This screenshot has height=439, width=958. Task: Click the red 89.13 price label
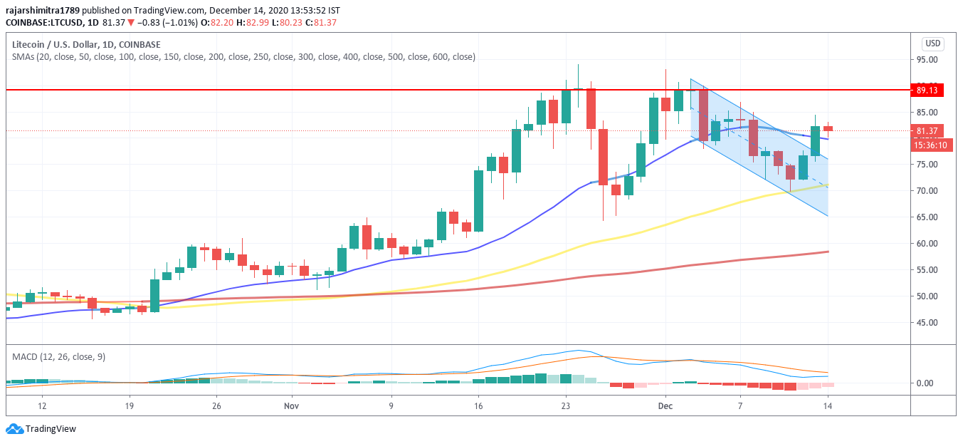click(x=928, y=91)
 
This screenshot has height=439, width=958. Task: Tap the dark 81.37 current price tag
click(x=928, y=131)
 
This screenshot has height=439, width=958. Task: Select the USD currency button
click(x=932, y=43)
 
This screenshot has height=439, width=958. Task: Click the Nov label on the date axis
click(x=291, y=406)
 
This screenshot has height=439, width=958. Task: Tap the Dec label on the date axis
click(x=665, y=406)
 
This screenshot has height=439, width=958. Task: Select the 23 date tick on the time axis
click(x=565, y=406)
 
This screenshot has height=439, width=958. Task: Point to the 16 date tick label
click(x=478, y=406)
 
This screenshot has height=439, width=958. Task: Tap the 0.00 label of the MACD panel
click(x=925, y=383)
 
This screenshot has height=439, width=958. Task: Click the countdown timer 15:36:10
click(x=928, y=145)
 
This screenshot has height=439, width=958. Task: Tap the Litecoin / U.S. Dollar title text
click(x=55, y=44)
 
